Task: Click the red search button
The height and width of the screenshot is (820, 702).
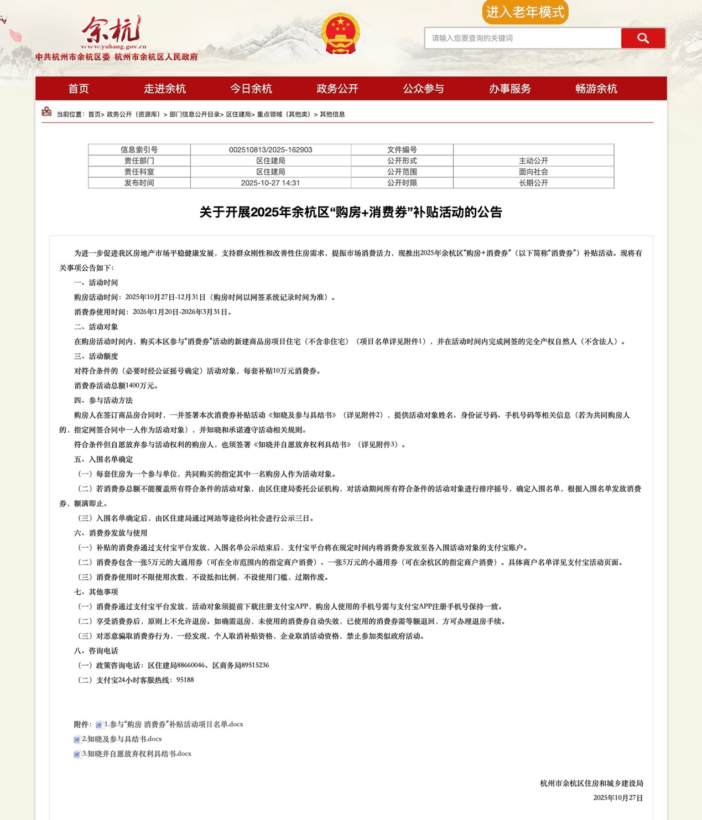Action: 643,38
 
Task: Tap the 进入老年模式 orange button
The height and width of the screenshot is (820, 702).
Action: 525,12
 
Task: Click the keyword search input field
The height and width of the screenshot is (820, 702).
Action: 523,38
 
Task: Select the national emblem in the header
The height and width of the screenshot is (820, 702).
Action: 340,33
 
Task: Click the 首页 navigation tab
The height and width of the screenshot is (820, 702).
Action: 79,89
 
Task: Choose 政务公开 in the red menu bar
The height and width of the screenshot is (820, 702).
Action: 337,89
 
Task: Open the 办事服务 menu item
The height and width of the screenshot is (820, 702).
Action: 509,89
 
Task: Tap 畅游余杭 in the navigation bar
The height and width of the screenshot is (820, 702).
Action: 596,89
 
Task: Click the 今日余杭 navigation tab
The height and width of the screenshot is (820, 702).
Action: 251,89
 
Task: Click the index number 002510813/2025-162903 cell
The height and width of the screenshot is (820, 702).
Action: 271,150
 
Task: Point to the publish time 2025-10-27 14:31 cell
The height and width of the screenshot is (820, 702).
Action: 271,183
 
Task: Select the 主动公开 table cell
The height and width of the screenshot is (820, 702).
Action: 533,161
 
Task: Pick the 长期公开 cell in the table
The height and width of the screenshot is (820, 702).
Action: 533,183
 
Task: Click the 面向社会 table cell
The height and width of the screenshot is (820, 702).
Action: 533,172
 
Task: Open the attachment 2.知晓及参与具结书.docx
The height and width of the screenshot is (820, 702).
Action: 122,739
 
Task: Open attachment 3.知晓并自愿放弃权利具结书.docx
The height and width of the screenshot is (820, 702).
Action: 136,754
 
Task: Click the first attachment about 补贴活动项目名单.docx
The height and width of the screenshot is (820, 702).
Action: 173,724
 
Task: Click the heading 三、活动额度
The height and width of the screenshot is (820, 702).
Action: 96,356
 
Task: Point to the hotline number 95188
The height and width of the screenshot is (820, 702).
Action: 185,680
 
